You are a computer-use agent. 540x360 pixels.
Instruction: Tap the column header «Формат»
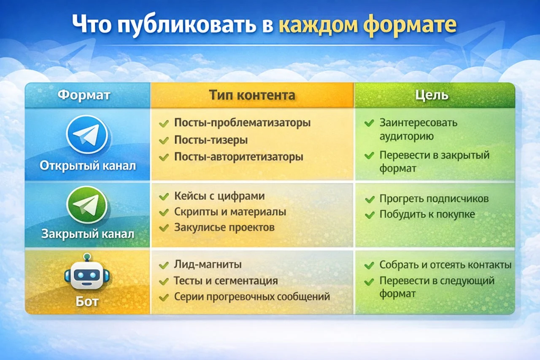coord(84,95)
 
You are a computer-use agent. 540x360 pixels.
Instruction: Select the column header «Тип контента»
coord(252,95)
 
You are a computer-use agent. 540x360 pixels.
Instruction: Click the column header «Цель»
coord(435,95)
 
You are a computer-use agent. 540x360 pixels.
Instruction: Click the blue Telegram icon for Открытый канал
coord(87,134)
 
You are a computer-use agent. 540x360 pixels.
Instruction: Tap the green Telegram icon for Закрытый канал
coord(87,205)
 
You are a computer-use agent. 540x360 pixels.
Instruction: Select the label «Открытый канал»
coord(88,165)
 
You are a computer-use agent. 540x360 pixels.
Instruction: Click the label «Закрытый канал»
coord(88,233)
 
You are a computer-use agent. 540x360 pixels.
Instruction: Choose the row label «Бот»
coord(87,302)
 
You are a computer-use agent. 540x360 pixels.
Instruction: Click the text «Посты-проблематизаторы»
coord(242,123)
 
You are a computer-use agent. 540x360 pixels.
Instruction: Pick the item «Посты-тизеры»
coord(211,140)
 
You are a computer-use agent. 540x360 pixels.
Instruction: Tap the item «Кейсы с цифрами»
coord(219,196)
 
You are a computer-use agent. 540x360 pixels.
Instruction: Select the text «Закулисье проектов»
coord(224,227)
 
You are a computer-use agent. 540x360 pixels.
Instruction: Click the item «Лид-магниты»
coord(208,265)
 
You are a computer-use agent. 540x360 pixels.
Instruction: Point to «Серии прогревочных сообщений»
coord(252,297)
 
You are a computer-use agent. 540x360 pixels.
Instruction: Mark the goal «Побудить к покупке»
coord(427,214)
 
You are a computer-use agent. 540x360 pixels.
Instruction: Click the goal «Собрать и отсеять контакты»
coord(445,265)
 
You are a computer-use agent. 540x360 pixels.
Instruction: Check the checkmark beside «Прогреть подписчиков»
coord(370,199)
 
